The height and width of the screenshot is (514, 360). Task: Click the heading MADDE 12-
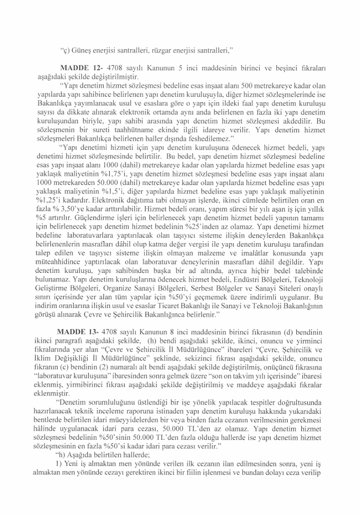click(80, 67)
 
